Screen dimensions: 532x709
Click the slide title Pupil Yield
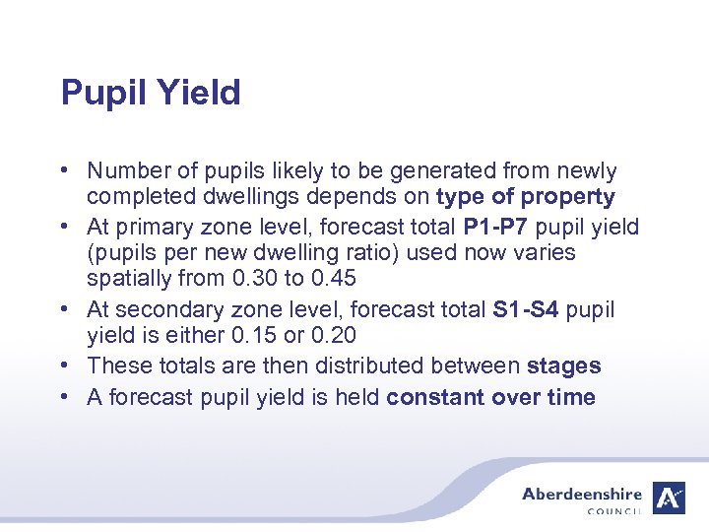pyautogui.click(x=151, y=94)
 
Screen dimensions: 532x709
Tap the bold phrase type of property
pyautogui.click(x=526, y=197)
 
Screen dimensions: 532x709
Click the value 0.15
pyautogui.click(x=253, y=336)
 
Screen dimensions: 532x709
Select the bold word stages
pyautogui.click(x=564, y=366)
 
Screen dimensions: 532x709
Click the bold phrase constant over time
pyautogui.click(x=491, y=397)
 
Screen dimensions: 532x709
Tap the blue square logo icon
pyautogui.click(x=671, y=499)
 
